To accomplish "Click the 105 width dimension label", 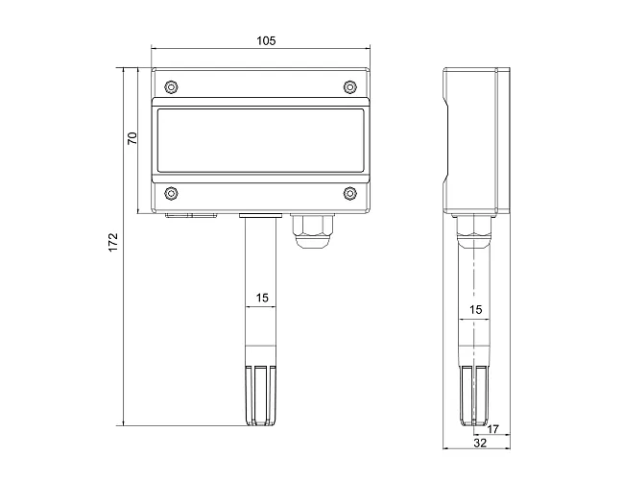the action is (266, 41).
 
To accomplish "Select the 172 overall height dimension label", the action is (113, 242).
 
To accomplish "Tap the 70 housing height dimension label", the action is (132, 138).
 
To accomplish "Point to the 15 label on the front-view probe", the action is (262, 298).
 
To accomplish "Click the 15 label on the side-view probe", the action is (475, 309).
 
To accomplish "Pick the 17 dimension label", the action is (492, 429).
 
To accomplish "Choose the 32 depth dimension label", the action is (480, 444).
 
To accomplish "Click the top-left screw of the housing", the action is (171, 86).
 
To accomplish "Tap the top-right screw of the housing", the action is (349, 86).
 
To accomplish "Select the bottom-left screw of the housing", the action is (171, 194).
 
